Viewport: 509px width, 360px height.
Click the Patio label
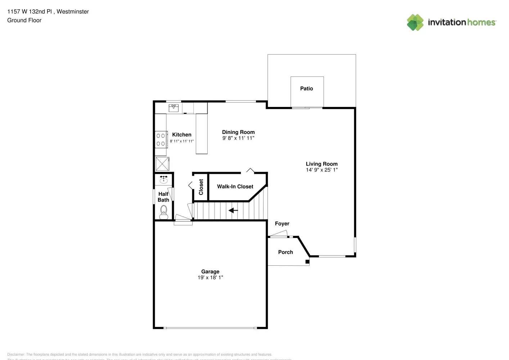(306, 89)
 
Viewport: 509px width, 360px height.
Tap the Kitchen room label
(181, 135)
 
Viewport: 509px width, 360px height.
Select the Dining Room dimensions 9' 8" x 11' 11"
(238, 138)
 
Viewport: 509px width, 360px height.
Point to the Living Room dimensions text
(321, 170)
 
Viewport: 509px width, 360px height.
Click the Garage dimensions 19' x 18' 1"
(210, 278)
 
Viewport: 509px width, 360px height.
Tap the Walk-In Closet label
(235, 186)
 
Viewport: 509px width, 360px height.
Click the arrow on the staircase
(233, 210)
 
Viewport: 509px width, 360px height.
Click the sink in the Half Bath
(163, 179)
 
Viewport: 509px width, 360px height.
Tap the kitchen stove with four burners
(161, 140)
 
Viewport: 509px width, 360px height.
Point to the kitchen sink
(174, 108)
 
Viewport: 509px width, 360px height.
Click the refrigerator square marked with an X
(162, 164)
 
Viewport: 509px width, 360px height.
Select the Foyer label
(282, 224)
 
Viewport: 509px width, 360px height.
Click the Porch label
(285, 252)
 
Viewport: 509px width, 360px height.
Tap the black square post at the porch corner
(307, 261)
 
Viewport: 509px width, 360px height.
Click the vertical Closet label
(201, 187)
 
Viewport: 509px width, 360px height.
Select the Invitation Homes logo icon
(415, 22)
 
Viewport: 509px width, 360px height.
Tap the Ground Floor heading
(24, 21)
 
